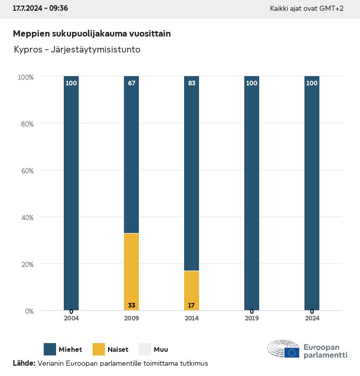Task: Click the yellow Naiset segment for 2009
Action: click(x=131, y=272)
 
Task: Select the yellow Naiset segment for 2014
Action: click(x=191, y=291)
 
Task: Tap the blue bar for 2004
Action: click(x=71, y=193)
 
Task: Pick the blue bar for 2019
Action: click(x=251, y=193)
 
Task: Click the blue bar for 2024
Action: click(x=312, y=193)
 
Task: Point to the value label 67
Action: click(x=132, y=83)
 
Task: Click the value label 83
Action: click(x=192, y=83)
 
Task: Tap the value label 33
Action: click(x=132, y=306)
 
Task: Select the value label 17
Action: click(x=191, y=306)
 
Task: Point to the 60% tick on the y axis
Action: click(x=26, y=170)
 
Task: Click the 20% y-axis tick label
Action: click(x=26, y=264)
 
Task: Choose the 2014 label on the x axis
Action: click(x=191, y=318)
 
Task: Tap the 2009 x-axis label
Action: click(x=131, y=318)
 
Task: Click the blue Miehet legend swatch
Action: click(x=50, y=349)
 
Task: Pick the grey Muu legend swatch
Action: click(x=146, y=349)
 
